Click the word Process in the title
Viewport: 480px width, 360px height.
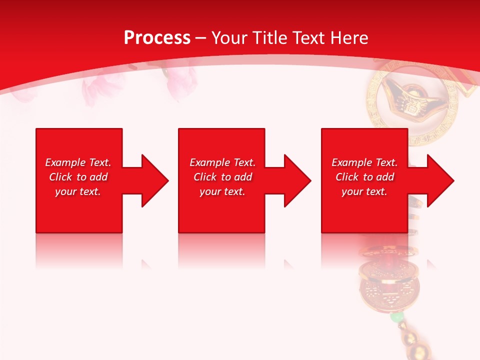[157, 38]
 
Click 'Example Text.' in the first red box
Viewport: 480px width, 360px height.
[78, 162]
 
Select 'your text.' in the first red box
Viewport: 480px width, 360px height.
[78, 191]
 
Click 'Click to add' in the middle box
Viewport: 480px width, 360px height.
[222, 177]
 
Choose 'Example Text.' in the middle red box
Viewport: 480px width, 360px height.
[222, 162]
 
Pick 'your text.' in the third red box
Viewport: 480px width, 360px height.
[364, 191]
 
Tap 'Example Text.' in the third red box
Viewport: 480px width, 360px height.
[364, 162]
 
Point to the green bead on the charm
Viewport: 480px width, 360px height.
[396, 317]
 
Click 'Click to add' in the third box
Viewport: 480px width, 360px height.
[364, 177]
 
